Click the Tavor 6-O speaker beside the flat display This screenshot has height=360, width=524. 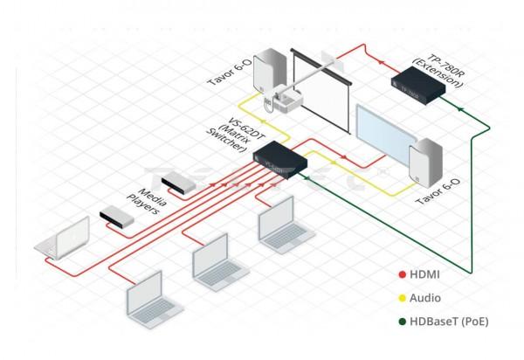tap(425, 166)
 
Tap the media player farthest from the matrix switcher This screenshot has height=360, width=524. tap(115, 215)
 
